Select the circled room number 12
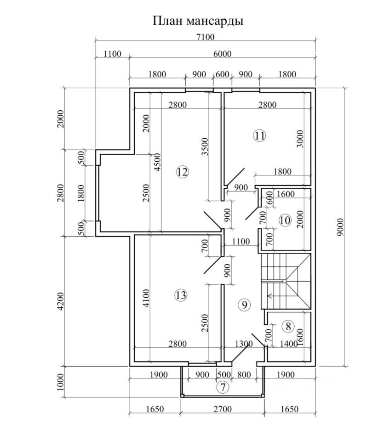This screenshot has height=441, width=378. pos(182,172)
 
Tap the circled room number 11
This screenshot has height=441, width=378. pos(259,135)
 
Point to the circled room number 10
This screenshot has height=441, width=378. pos(285,220)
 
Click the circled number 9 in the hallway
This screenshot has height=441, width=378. pos(245,304)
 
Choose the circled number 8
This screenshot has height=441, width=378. pos(288,327)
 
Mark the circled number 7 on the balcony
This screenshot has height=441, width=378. pos(223,387)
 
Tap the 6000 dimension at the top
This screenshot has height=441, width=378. pos(223,54)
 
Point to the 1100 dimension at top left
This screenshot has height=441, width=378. pos(112,54)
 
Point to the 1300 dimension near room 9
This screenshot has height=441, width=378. pos(244,344)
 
